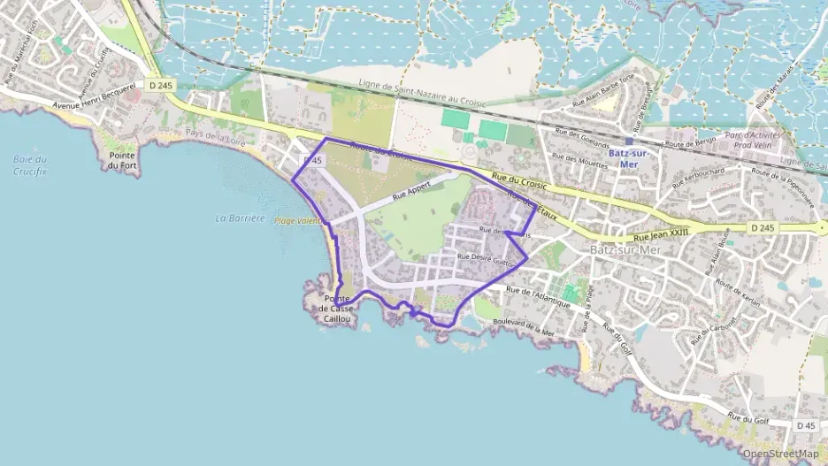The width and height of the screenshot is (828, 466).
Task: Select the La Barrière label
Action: (x=240, y=218)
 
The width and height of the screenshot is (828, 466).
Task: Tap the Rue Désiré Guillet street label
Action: (x=486, y=257)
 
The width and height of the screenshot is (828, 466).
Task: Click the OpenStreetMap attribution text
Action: (x=780, y=454)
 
